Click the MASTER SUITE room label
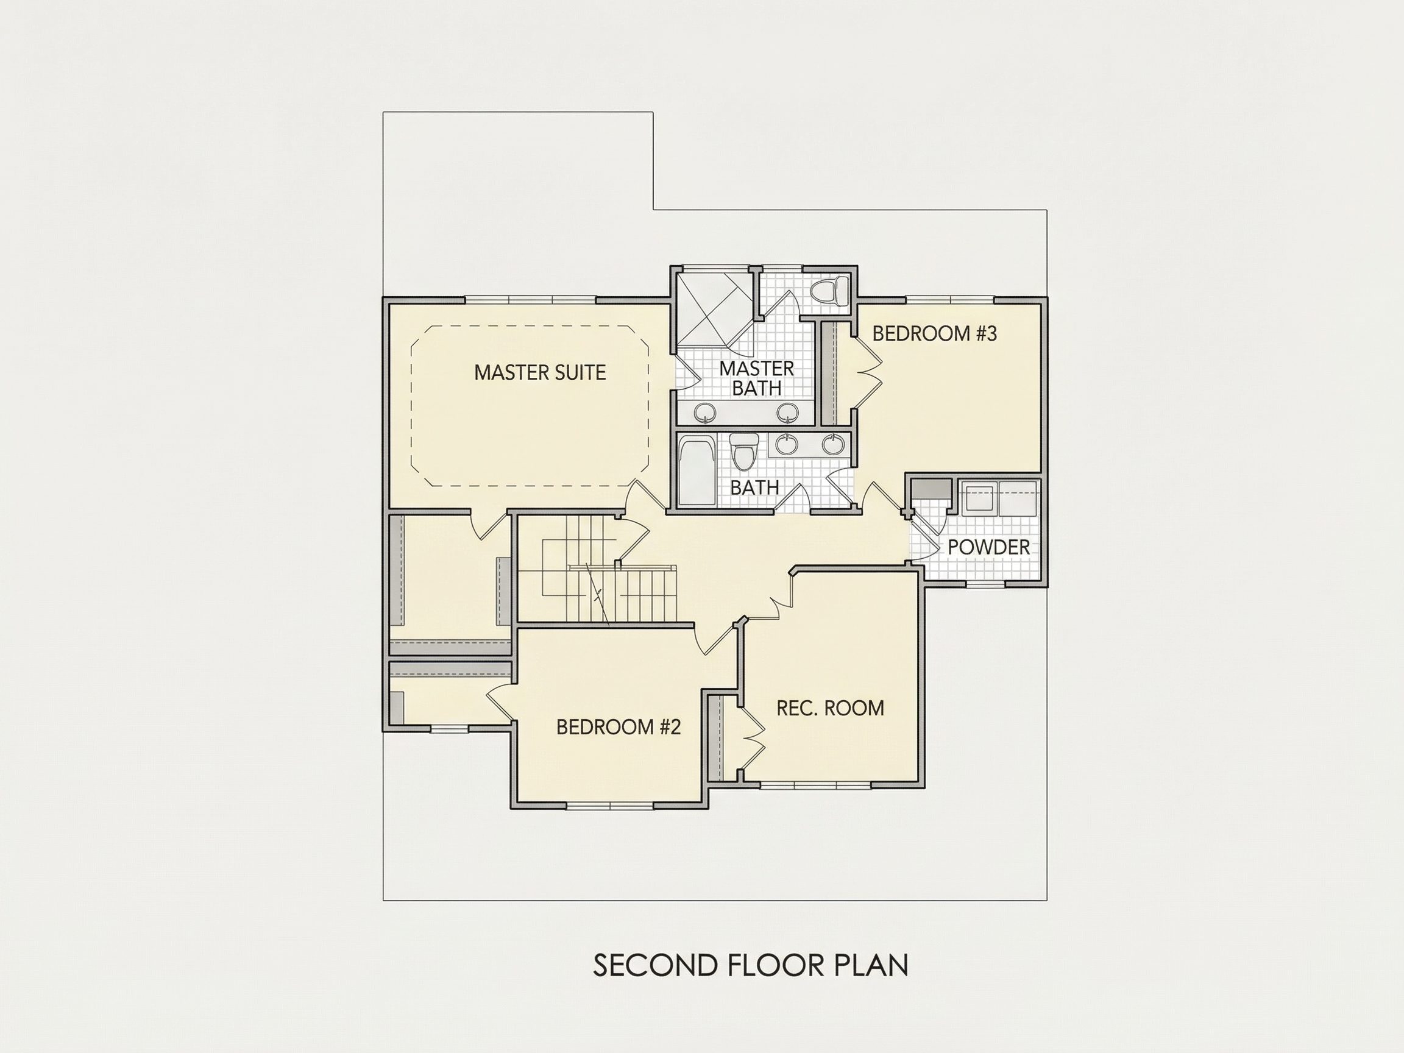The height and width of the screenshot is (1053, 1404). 540,372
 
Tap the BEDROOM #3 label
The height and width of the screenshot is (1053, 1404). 934,333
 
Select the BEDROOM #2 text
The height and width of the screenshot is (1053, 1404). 619,727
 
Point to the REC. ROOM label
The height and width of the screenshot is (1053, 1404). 830,707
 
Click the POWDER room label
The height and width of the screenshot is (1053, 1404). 988,547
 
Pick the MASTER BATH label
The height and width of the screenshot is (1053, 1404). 757,378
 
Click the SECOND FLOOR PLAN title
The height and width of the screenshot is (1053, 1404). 750,964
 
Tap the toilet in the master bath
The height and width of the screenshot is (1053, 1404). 831,291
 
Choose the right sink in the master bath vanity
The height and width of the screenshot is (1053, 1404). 789,413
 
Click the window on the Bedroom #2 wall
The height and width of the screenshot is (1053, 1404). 610,806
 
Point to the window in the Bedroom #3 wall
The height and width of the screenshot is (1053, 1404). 949,300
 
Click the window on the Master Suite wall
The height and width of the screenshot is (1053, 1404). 531,300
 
